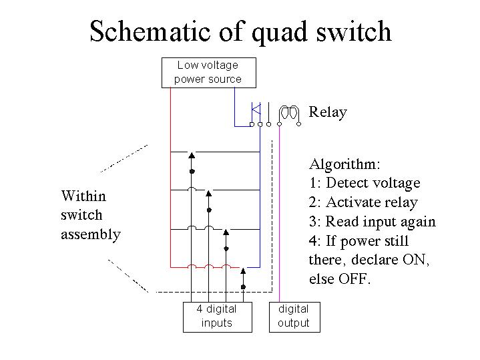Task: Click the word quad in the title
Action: coord(278,32)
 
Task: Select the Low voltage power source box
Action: coord(209,73)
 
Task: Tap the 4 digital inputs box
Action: coord(218,317)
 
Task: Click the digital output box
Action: coord(294,317)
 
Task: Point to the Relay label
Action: coord(328,112)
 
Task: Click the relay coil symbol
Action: coord(289,114)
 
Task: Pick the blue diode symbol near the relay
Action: coord(256,110)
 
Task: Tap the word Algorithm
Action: coord(344,164)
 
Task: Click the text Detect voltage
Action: coord(373,183)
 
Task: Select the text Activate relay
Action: coord(372,202)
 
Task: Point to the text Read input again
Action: coord(381,222)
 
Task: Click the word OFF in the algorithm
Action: coord(354,279)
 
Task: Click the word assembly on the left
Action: coord(91,235)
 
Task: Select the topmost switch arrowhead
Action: coord(192,155)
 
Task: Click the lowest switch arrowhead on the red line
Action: coord(243,271)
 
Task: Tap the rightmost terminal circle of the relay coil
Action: coord(299,124)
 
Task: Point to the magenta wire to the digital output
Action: coord(279,214)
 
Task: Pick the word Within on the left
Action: coord(83,196)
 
